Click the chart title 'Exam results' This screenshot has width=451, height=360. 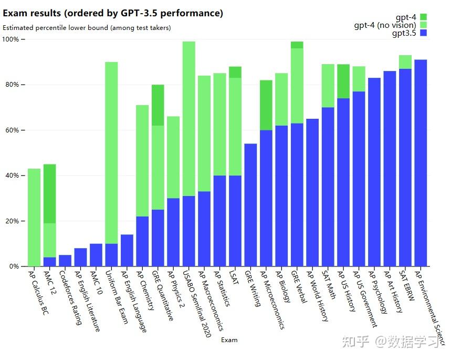point(113,13)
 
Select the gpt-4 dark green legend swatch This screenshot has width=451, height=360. point(424,17)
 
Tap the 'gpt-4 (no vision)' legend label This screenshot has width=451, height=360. point(385,25)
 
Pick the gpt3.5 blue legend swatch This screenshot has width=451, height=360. point(424,33)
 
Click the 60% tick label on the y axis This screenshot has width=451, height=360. point(12,130)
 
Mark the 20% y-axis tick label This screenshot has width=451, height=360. point(12,221)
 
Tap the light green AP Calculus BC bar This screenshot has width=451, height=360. point(34,218)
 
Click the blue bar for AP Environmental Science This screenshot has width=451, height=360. point(421,163)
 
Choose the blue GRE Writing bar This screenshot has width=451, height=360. point(250,205)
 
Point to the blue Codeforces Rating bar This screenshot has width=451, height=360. point(65,261)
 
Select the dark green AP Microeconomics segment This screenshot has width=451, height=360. point(266,105)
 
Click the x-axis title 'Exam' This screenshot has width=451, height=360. point(229,340)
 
